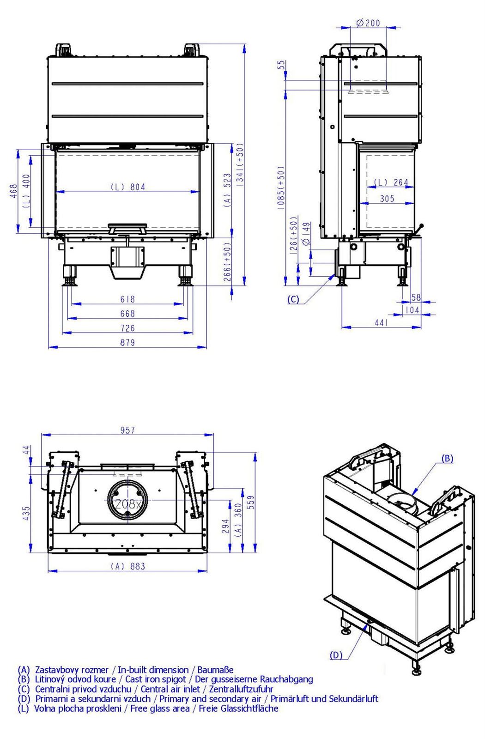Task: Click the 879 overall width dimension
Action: pyautogui.click(x=127, y=342)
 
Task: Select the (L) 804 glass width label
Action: pyautogui.click(x=127, y=187)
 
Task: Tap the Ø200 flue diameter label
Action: pyautogui.click(x=368, y=23)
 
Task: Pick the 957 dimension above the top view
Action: pyautogui.click(x=127, y=430)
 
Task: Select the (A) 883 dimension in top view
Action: pyautogui.click(x=127, y=566)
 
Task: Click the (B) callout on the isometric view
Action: pyautogui.click(x=447, y=458)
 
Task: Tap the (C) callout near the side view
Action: pyautogui.click(x=293, y=299)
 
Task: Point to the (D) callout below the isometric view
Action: pyautogui.click(x=336, y=655)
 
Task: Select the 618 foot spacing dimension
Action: pyautogui.click(x=127, y=299)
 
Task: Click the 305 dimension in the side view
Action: pyautogui.click(x=387, y=198)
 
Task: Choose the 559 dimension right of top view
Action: pyautogui.click(x=251, y=502)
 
